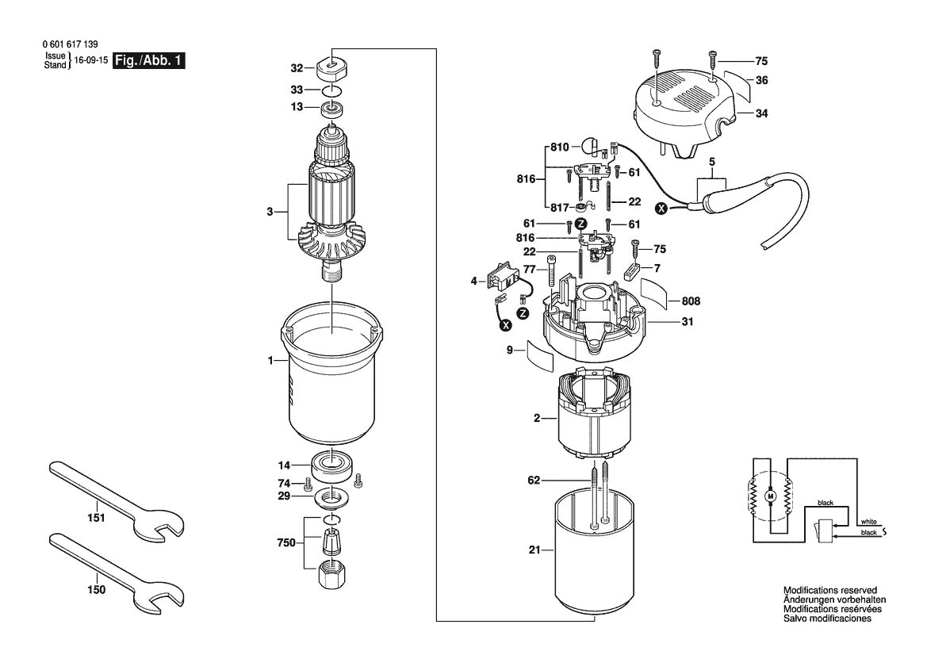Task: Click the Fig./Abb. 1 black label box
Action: [x=149, y=61]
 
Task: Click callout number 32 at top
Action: [x=297, y=67]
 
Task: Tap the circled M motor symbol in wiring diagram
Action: [x=768, y=496]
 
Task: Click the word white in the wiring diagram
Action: [x=868, y=522]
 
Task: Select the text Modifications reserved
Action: [x=829, y=591]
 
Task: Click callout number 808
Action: [x=690, y=301]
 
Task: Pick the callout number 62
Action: [x=534, y=481]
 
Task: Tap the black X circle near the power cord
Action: [x=661, y=209]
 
